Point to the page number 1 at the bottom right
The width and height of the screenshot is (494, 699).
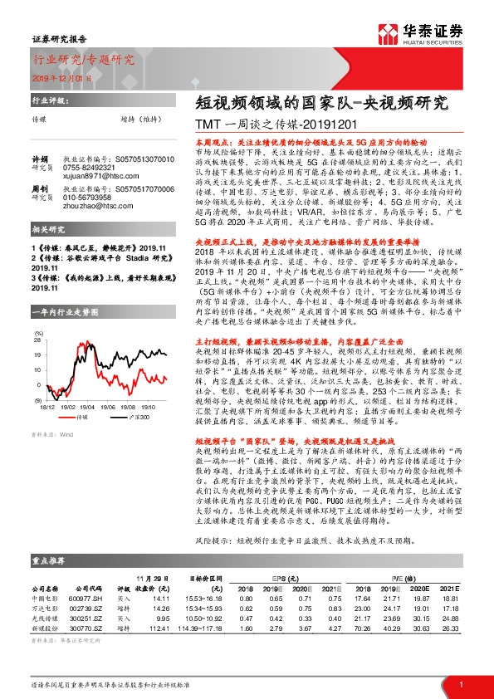click(x=460, y=683)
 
